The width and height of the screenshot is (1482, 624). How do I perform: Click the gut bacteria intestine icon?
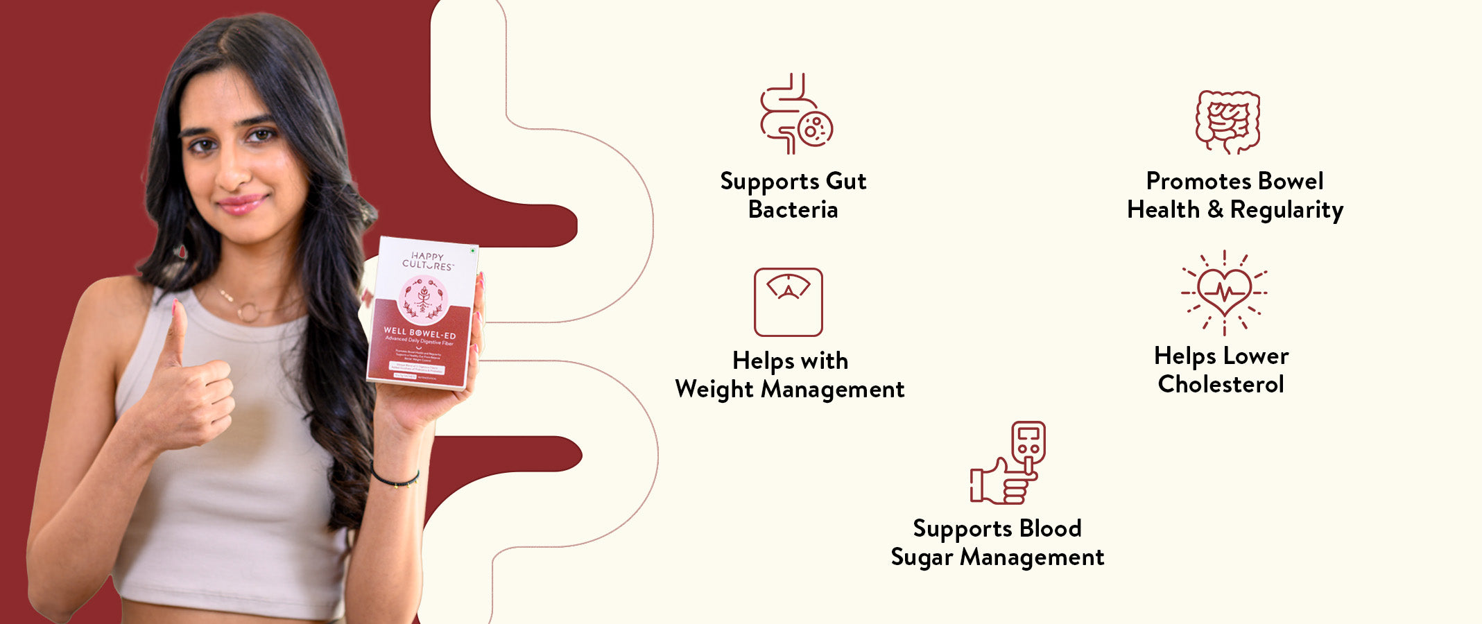tap(795, 114)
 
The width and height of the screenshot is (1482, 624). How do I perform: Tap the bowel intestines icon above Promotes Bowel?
tap(1227, 121)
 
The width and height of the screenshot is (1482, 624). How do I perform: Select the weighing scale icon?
tap(788, 302)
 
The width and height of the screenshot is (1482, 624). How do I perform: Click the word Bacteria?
tap(793, 209)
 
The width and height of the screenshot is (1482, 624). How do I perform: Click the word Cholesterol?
tap(1221, 384)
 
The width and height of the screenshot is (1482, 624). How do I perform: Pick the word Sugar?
tap(922, 557)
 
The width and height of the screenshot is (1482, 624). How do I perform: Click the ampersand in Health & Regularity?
tap(1215, 209)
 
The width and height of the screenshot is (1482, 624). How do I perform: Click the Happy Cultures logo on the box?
tap(426, 261)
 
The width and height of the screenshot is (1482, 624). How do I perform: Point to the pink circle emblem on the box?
tap(423, 299)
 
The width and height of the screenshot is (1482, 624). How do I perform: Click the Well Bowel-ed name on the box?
tap(420, 333)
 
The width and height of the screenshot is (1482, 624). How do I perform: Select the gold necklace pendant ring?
tap(247, 313)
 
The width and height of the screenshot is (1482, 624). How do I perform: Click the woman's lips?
tap(241, 204)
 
